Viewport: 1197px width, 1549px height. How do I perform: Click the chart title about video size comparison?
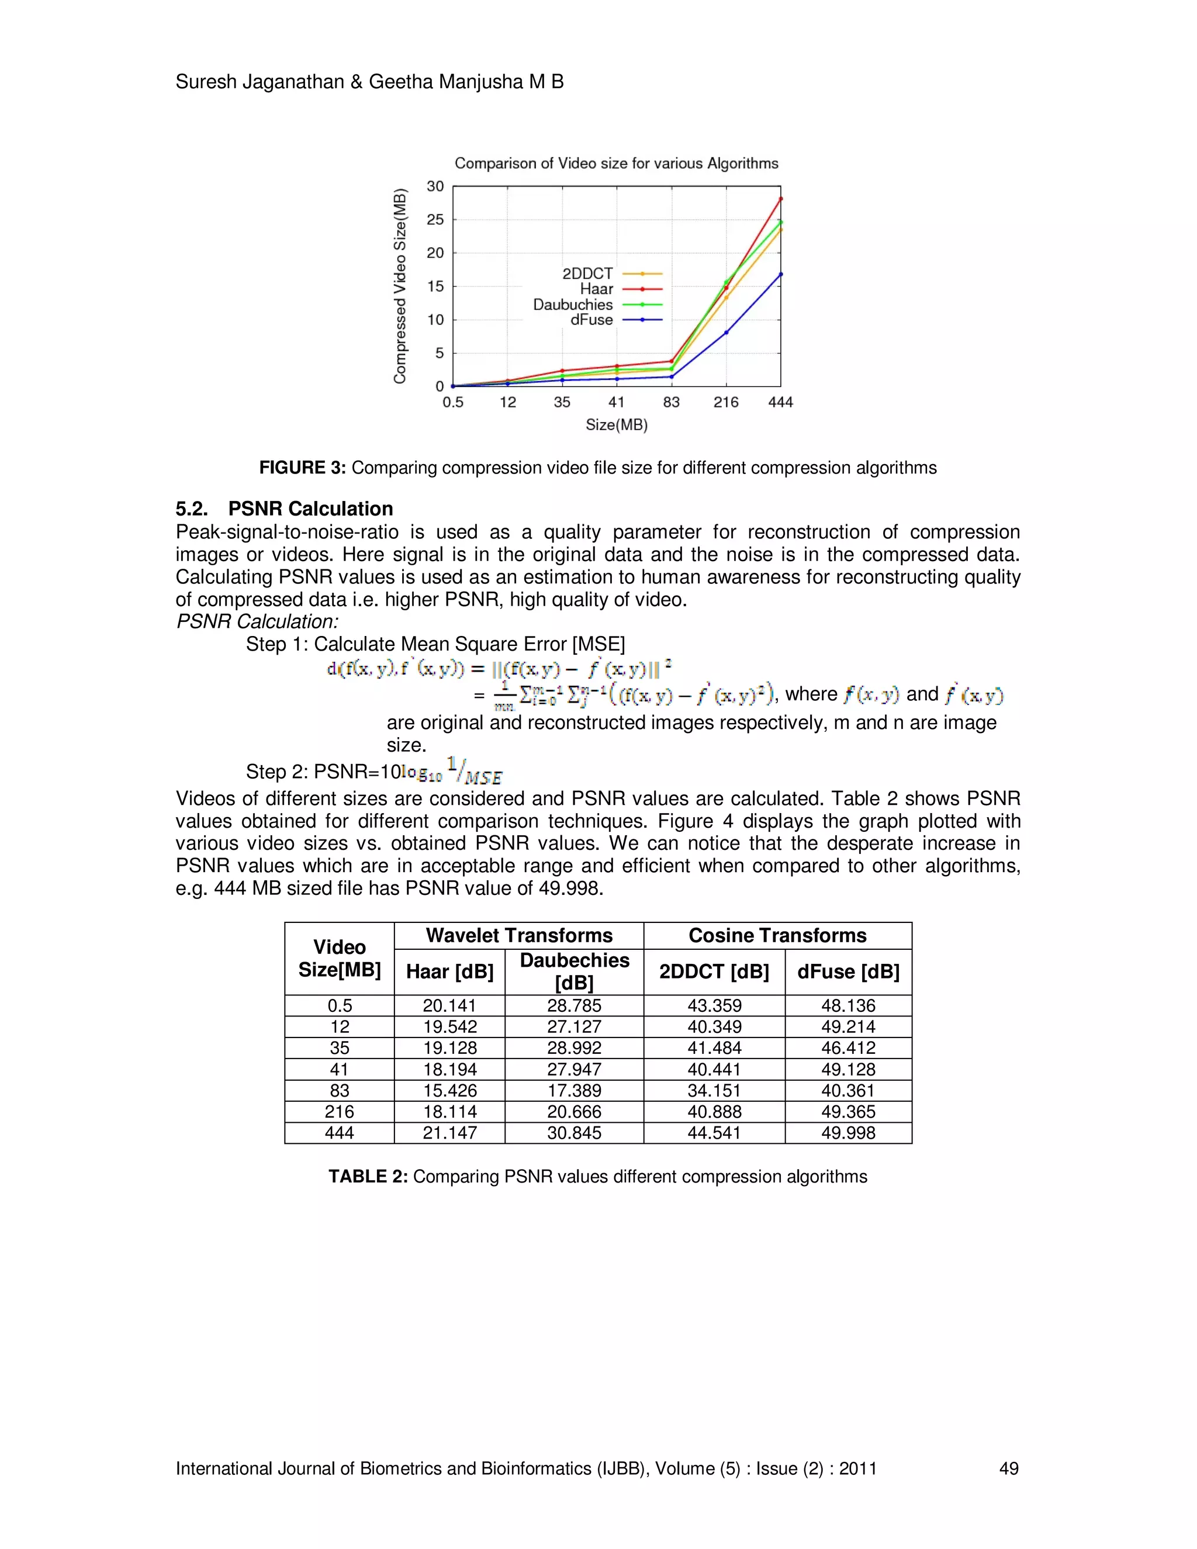click(616, 163)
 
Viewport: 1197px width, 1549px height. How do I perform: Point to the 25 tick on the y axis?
click(435, 220)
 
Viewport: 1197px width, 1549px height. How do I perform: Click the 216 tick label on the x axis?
click(725, 402)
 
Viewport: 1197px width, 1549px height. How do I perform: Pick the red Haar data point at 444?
click(781, 199)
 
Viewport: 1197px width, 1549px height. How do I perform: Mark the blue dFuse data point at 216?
click(726, 333)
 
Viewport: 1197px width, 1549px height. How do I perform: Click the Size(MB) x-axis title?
click(616, 425)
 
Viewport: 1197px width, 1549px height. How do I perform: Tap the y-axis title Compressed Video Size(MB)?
click(400, 286)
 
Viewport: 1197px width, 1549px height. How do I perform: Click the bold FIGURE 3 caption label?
click(302, 468)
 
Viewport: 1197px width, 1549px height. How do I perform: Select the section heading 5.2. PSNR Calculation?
click(285, 509)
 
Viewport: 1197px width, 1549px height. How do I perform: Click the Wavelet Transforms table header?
click(519, 935)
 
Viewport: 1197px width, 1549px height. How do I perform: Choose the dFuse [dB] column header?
click(848, 971)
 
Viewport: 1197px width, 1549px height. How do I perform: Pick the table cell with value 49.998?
click(848, 1133)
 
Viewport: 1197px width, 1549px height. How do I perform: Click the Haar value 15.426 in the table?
click(449, 1090)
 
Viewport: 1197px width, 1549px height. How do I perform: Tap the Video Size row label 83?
click(339, 1090)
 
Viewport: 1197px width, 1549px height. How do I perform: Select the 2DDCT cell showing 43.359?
click(714, 1006)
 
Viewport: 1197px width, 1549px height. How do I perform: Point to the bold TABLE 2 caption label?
click(367, 1177)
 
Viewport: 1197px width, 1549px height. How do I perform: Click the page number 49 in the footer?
click(1008, 1468)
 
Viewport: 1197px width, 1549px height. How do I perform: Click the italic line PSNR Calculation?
click(257, 621)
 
